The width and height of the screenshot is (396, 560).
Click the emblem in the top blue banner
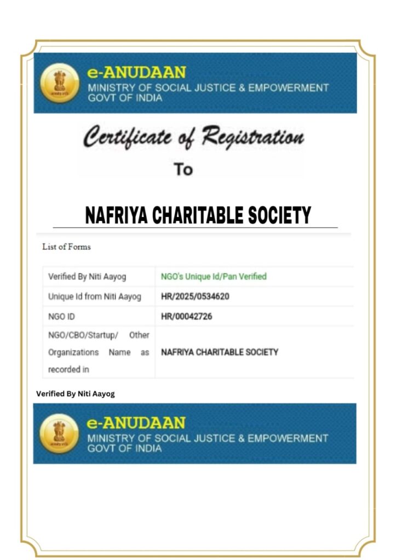60,84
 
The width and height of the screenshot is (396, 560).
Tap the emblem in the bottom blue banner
60,434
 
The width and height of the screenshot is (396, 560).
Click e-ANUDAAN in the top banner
136,73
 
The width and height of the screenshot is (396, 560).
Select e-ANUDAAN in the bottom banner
136,423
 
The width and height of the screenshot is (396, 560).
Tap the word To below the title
183,170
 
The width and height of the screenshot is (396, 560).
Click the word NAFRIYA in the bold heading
116,215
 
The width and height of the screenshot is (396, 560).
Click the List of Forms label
66,247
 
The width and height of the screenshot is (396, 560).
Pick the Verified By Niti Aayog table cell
87,277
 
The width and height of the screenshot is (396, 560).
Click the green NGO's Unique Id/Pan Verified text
214,277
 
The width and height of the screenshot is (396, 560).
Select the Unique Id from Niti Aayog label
94,297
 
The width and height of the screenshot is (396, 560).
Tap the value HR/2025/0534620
195,297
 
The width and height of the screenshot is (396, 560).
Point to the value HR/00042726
186,317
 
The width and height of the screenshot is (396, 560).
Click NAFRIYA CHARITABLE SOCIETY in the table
220,352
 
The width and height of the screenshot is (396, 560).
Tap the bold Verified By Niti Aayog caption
76,394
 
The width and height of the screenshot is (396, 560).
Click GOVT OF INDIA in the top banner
125,98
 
